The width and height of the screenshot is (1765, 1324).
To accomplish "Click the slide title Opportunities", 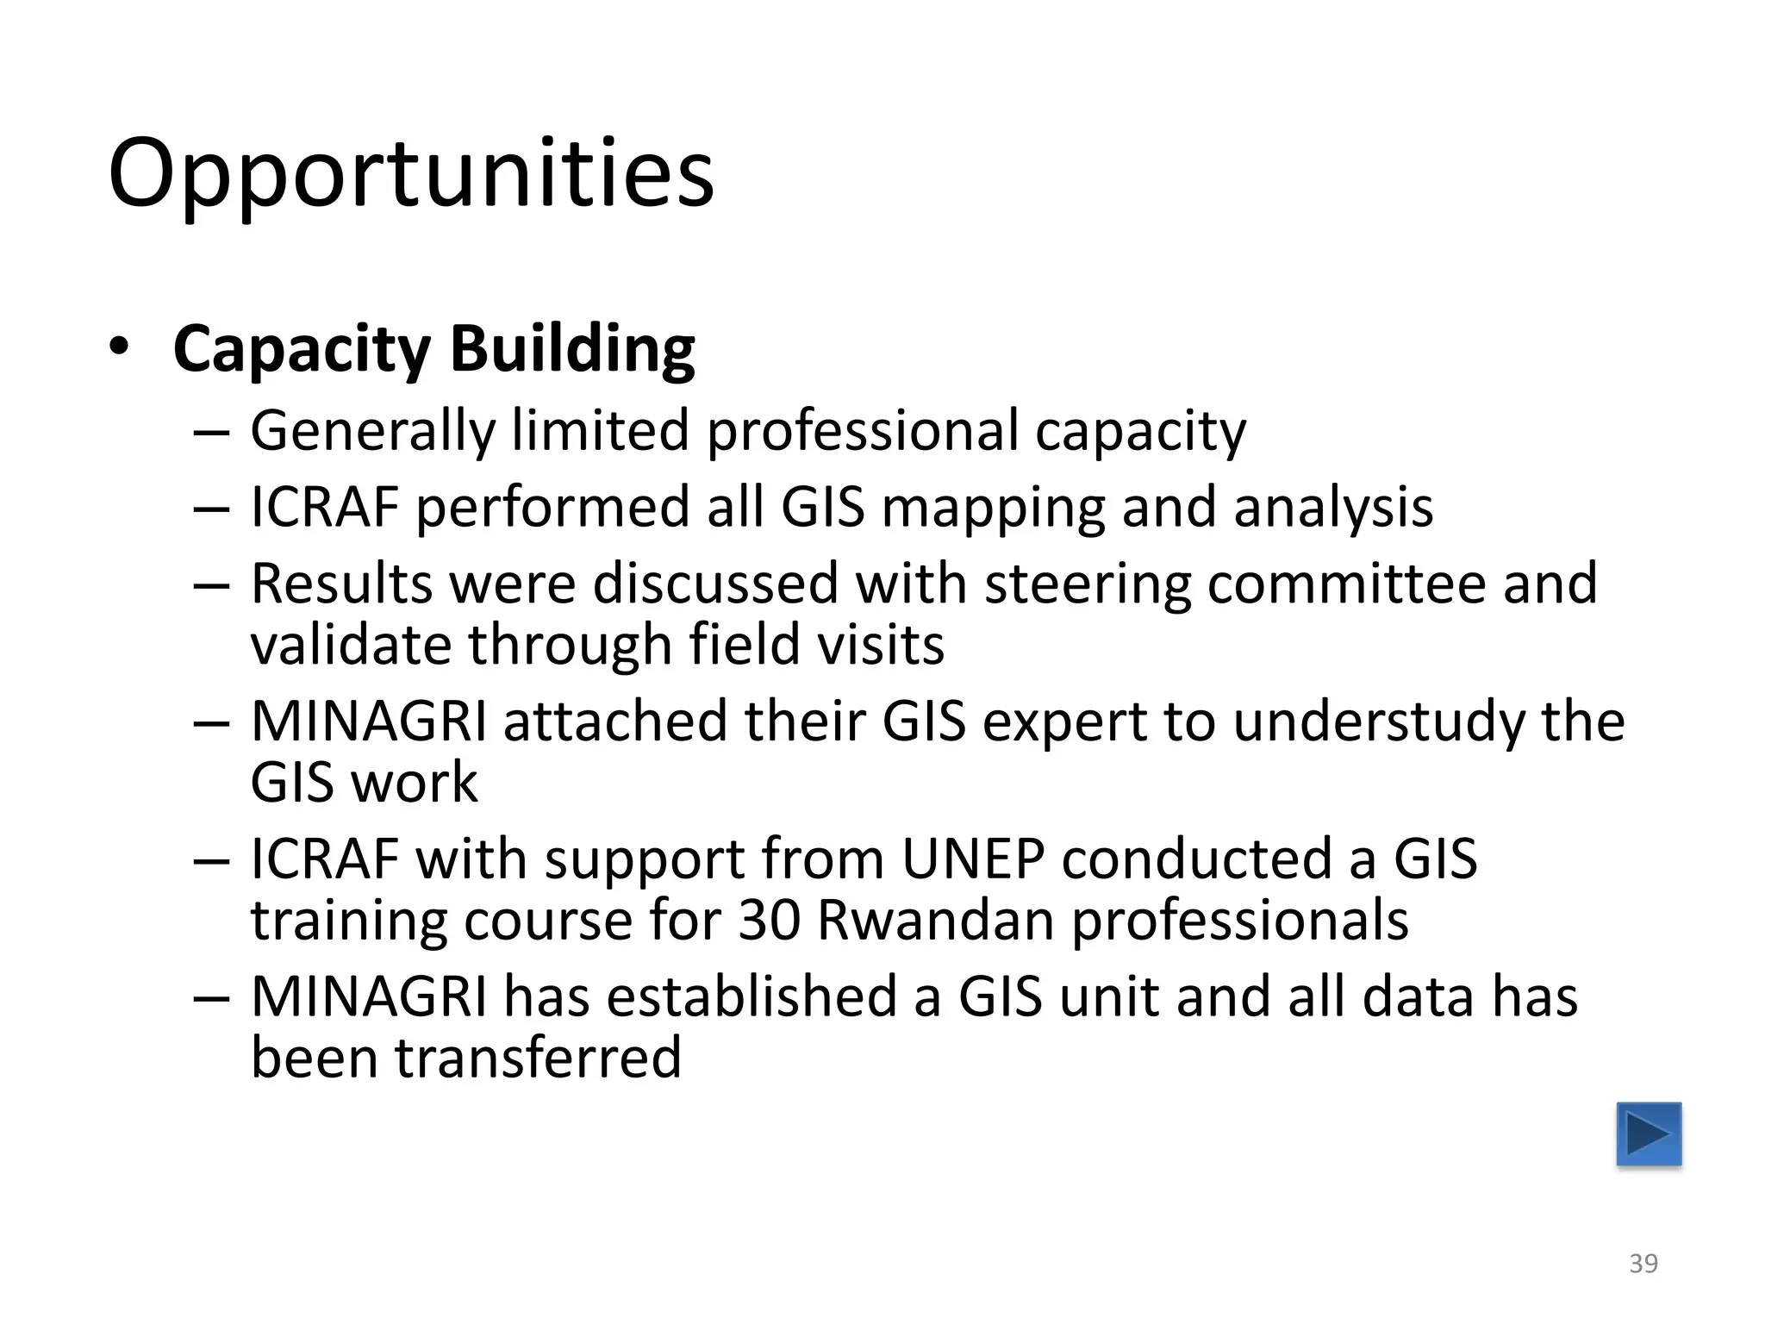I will pos(411,175).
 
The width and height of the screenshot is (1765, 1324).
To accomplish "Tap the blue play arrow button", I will pos(1649,1134).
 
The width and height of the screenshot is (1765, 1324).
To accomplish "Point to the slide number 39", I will pos(1643,1264).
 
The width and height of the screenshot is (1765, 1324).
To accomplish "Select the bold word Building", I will pos(572,348).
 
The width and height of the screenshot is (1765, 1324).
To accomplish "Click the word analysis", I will pos(1333,509).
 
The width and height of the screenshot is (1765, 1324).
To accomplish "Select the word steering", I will pos(1086,584).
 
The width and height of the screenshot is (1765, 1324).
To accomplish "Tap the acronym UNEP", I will pos(973,859).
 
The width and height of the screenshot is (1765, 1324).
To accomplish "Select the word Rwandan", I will pos(935,921).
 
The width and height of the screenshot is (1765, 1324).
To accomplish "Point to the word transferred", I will pos(539,1059).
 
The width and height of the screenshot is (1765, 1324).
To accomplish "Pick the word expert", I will pos(1063,722).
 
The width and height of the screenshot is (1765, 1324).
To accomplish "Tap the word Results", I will pos(341,584).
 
